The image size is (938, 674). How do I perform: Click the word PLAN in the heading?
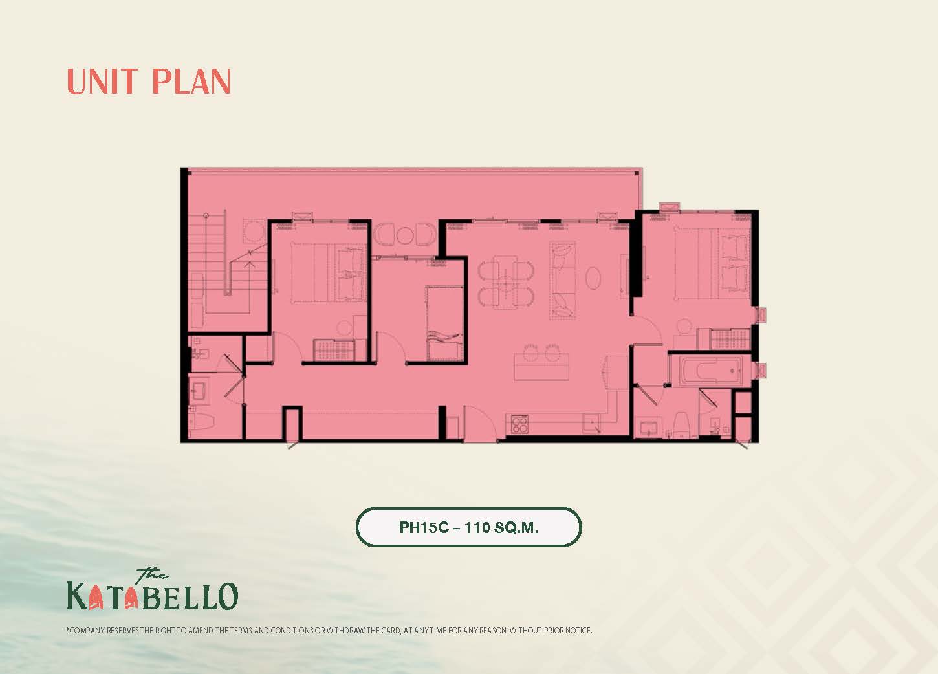pyautogui.click(x=191, y=82)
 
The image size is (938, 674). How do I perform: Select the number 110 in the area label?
pyautogui.click(x=477, y=527)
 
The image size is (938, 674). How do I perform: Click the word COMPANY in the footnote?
pyautogui.click(x=87, y=631)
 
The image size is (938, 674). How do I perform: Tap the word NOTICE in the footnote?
pyautogui.click(x=578, y=631)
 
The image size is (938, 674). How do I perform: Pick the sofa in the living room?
pyautogui.click(x=563, y=281)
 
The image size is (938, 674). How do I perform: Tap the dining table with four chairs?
pyautogui.click(x=506, y=283)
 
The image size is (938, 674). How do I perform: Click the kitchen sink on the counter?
pyautogui.click(x=592, y=424)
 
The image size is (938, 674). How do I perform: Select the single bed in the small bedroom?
pyautogui.click(x=444, y=323)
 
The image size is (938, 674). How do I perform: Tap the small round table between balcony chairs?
pyautogui.click(x=405, y=235)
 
